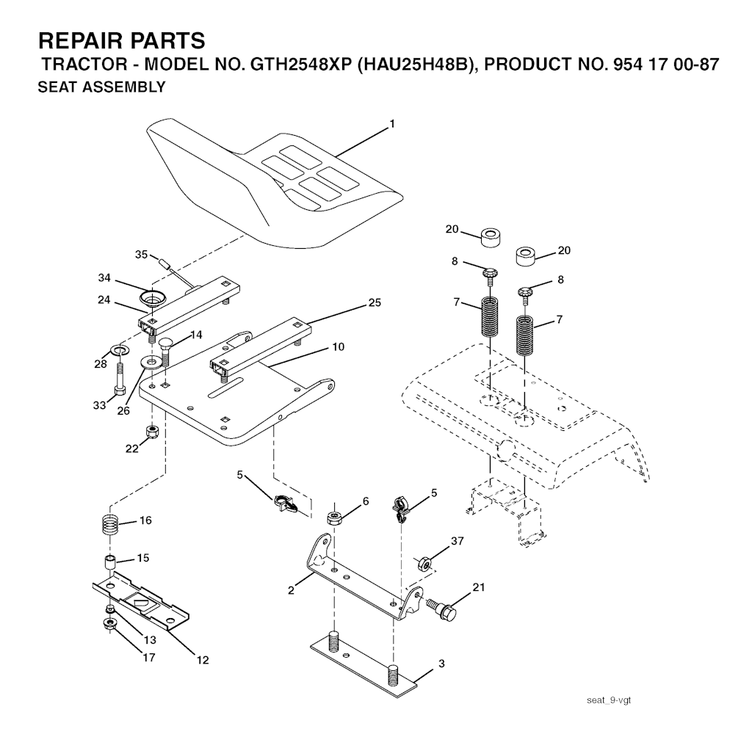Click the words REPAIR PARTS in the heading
[x=122, y=41]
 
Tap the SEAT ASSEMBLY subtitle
[x=101, y=87]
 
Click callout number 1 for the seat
[x=392, y=124]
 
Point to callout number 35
[x=141, y=254]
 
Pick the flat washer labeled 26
[x=151, y=362]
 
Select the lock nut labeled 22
[x=153, y=432]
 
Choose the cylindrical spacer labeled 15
[x=110, y=562]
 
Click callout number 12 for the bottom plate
[x=203, y=660]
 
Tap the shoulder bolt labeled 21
[x=441, y=609]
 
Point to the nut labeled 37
[x=424, y=564]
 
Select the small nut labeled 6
[x=334, y=518]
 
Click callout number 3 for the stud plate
[x=441, y=664]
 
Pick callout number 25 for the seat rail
[x=375, y=302]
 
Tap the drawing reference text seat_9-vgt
[x=609, y=700]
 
